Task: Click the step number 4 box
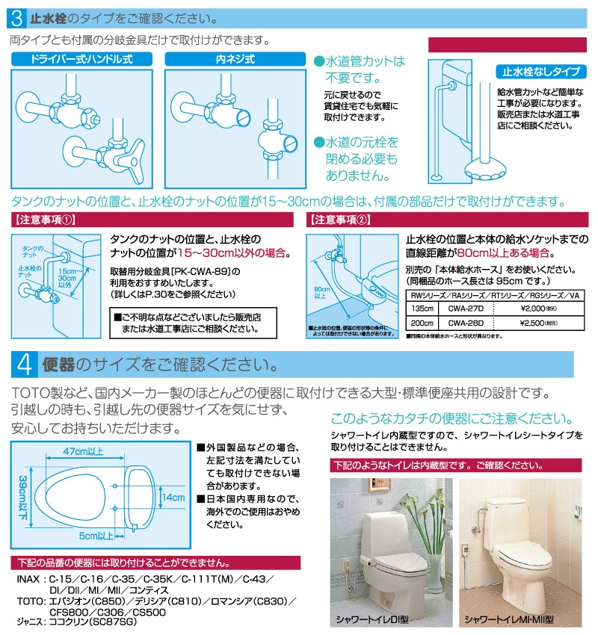tap(24, 365)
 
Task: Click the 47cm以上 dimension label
tap(82, 453)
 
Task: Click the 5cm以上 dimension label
tap(96, 535)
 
